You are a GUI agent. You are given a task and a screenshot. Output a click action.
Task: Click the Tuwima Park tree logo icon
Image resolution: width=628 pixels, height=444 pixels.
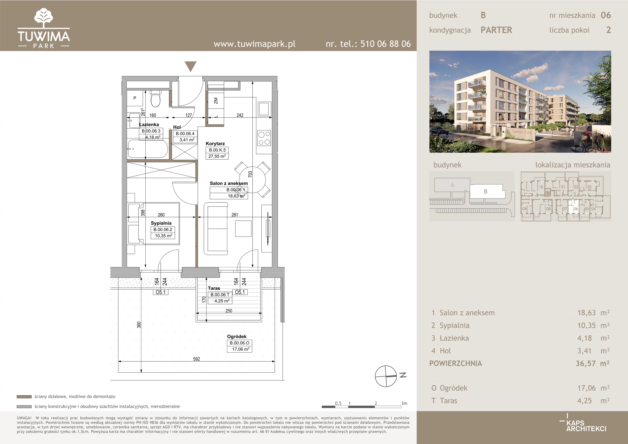[44, 18]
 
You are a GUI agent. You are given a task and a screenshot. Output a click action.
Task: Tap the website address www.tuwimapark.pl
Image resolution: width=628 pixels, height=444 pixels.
[254, 44]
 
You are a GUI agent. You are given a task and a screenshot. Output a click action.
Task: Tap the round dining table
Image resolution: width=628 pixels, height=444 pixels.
[252, 179]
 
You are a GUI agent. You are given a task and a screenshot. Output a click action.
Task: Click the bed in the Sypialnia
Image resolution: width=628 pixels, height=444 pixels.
[154, 223]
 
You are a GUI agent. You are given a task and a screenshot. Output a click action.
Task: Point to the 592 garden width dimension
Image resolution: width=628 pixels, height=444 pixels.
[196, 359]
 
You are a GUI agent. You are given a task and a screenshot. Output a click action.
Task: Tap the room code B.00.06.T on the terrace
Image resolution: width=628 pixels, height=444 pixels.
[220, 295]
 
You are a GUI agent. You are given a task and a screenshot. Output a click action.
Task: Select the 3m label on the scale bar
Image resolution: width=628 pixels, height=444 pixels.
[404, 403]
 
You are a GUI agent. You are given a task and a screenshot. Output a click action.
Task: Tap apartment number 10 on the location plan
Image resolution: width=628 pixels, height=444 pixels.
[541, 187]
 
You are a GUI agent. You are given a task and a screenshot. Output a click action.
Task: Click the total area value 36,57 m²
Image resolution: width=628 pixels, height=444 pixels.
[592, 363]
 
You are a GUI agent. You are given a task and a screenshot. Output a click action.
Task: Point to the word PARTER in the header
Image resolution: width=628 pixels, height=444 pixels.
[497, 30]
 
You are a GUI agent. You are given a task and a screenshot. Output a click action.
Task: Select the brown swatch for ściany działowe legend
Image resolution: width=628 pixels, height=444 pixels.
[24, 396]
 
